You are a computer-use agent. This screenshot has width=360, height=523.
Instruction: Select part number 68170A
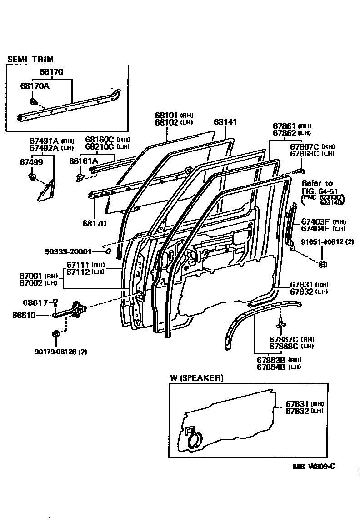34,85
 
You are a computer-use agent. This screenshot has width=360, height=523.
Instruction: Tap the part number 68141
225,122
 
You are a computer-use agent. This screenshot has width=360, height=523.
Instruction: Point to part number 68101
166,116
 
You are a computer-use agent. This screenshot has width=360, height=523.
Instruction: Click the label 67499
30,162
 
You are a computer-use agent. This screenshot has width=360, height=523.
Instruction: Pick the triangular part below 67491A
46,189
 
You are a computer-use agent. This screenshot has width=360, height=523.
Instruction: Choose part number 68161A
83,161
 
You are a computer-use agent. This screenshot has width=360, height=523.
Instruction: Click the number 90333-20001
68,251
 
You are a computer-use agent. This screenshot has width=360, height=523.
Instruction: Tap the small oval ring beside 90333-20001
108,250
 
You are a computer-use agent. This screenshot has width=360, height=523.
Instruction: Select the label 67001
31,276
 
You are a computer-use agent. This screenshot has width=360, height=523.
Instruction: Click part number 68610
35,314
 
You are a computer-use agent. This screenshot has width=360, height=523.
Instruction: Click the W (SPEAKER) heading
197,377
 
